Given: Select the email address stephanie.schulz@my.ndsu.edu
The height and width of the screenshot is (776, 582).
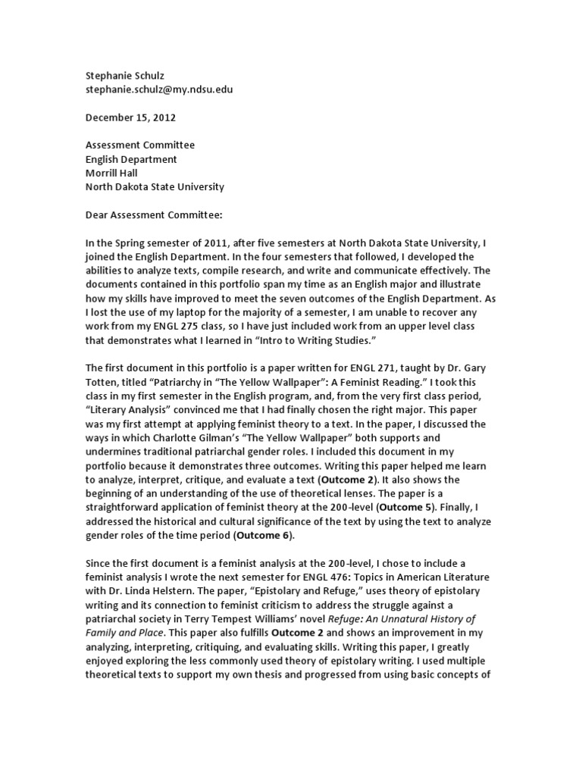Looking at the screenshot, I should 158,89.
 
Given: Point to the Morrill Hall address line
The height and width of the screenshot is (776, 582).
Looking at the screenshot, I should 111,173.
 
